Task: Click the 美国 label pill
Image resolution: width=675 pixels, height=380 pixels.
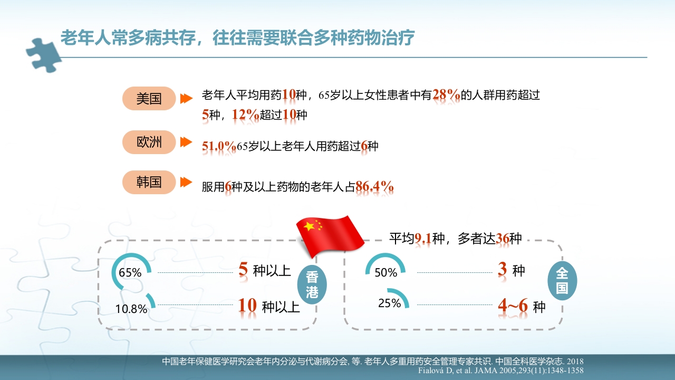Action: click(149, 98)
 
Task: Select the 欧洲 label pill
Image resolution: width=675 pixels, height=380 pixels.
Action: click(149, 142)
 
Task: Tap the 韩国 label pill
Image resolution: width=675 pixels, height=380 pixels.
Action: click(149, 182)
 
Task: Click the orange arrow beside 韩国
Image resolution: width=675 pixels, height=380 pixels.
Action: click(186, 182)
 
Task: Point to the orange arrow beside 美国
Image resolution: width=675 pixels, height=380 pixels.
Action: click(186, 98)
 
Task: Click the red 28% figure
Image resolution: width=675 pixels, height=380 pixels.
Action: click(446, 95)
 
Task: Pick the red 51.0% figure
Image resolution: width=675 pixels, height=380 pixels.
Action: click(219, 146)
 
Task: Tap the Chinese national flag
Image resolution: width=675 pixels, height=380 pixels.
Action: click(330, 233)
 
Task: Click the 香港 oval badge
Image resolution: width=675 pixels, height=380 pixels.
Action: click(312, 285)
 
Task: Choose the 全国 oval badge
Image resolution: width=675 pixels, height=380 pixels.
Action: click(562, 281)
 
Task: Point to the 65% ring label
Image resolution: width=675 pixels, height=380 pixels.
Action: click(130, 273)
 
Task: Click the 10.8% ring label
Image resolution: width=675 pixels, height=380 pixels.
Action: click(131, 309)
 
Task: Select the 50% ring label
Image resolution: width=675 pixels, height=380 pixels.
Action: click(386, 273)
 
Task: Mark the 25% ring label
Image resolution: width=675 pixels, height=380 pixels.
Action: click(390, 303)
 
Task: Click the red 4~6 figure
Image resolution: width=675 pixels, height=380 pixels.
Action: click(514, 306)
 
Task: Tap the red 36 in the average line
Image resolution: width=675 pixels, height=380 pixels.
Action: click(503, 239)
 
